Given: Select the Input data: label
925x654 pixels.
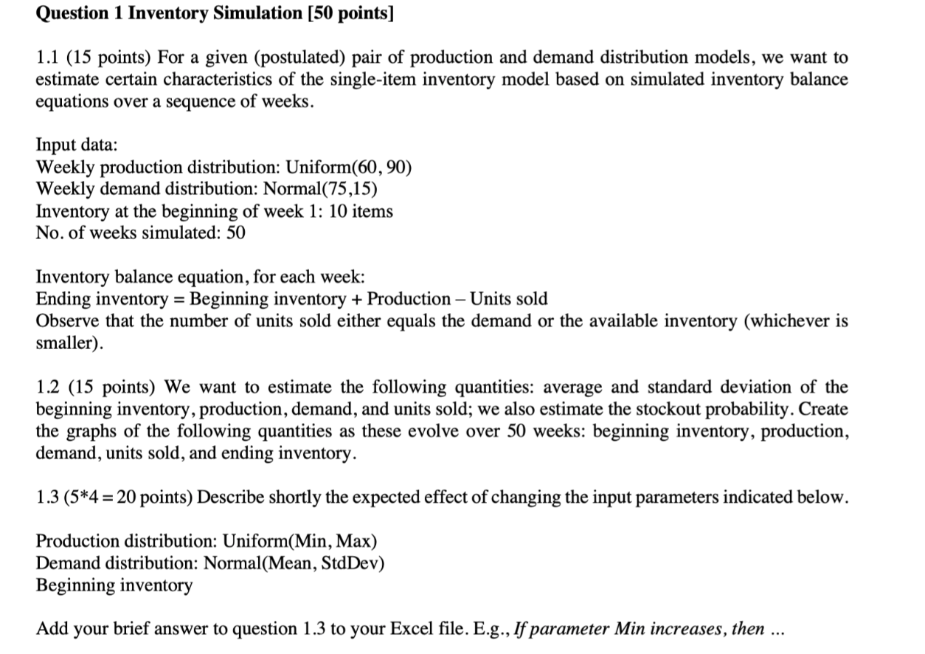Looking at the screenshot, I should tap(77, 145).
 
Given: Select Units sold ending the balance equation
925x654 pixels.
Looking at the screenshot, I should tap(509, 299).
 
